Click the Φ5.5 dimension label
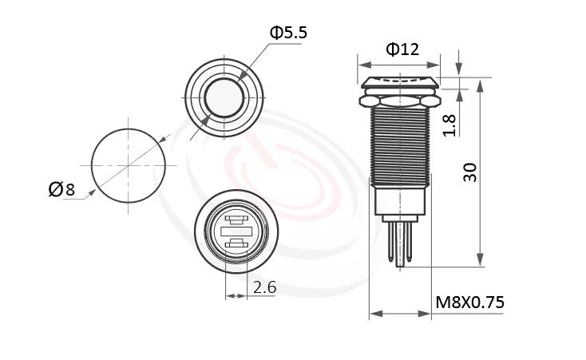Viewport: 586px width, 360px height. click(287, 33)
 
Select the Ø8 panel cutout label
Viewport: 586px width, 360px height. click(61, 189)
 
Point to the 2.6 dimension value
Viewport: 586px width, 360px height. click(264, 287)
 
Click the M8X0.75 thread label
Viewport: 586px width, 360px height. click(469, 303)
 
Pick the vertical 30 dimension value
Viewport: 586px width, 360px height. click(470, 172)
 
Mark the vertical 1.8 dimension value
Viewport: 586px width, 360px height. click(449, 125)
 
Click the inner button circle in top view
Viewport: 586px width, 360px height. click(224, 97)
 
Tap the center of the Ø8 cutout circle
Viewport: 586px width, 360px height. click(129, 164)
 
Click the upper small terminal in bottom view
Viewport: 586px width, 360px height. click(235, 219)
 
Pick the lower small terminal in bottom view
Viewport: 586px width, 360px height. click(235, 244)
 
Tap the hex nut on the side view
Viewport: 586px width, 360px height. click(399, 101)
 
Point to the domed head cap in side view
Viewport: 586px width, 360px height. click(399, 82)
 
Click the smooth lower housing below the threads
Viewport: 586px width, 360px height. click(399, 200)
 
